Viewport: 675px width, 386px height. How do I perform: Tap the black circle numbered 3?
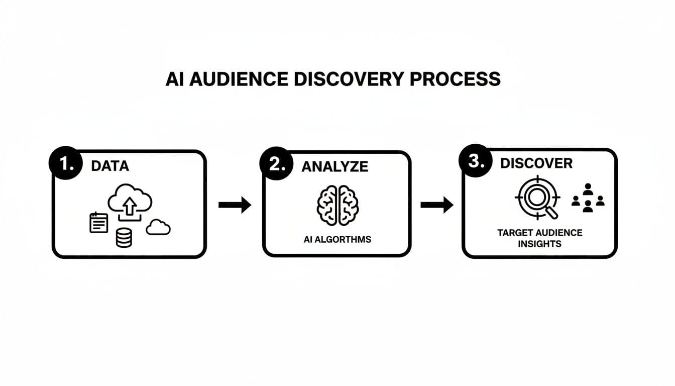(x=475, y=161)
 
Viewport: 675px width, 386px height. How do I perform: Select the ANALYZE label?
(x=334, y=167)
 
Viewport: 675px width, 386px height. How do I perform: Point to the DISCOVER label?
(x=536, y=163)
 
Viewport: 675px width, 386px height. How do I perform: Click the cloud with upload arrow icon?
(x=130, y=201)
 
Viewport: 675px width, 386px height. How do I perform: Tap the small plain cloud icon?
(x=158, y=228)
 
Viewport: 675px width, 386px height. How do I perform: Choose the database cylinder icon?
(x=124, y=237)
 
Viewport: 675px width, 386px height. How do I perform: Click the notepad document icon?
(x=98, y=223)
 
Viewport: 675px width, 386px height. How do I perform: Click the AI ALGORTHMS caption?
(x=337, y=239)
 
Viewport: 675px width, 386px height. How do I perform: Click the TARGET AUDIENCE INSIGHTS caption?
(x=539, y=238)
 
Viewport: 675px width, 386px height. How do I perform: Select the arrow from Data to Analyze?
(x=235, y=205)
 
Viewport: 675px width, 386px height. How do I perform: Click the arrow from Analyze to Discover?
(x=436, y=205)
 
